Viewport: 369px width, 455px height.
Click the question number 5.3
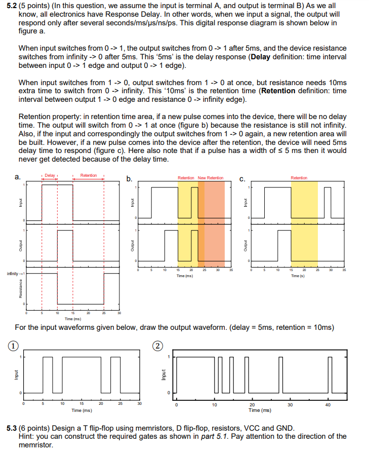coord(12,428)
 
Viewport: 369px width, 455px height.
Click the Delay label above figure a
coord(50,175)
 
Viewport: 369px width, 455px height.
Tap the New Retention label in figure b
coord(211,178)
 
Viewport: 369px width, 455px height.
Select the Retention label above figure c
coord(299,178)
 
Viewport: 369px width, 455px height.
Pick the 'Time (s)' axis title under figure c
coord(299,276)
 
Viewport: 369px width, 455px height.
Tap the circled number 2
coord(158,346)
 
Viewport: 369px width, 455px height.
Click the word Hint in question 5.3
coord(26,436)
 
